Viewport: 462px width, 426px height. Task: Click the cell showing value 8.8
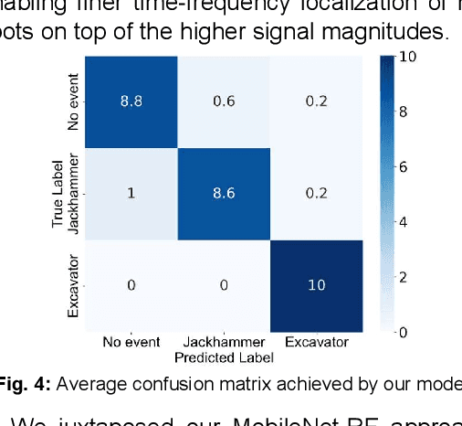(131, 102)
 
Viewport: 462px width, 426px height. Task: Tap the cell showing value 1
(131, 194)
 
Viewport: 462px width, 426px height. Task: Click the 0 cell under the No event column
(131, 285)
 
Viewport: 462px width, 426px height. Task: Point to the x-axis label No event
(131, 343)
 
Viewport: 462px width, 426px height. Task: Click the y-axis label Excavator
(74, 286)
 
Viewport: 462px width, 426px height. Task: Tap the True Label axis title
(59, 194)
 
